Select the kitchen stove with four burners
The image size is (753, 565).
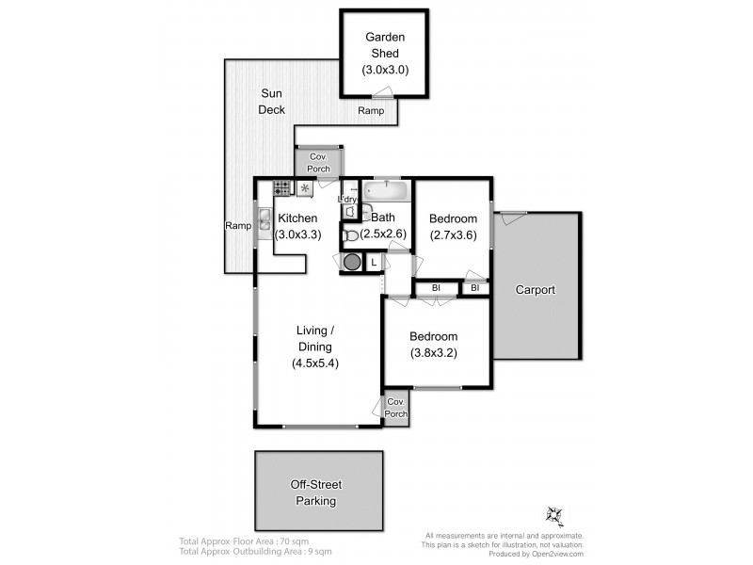coord(282,188)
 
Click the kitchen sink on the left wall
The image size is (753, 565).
coord(264,225)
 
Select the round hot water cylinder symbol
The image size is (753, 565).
coord(351,262)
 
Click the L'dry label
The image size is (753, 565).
coord(348,200)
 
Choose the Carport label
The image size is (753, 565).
coord(535,290)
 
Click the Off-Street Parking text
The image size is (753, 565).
coord(316,492)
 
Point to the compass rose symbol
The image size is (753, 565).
coord(553,514)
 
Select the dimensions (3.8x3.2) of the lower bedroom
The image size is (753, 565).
coord(433,353)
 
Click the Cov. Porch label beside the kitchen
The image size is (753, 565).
coord(318,162)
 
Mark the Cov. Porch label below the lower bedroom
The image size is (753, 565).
coord(396,408)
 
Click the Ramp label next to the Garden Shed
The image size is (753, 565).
coord(370,111)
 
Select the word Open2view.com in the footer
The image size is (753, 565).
coord(559,554)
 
